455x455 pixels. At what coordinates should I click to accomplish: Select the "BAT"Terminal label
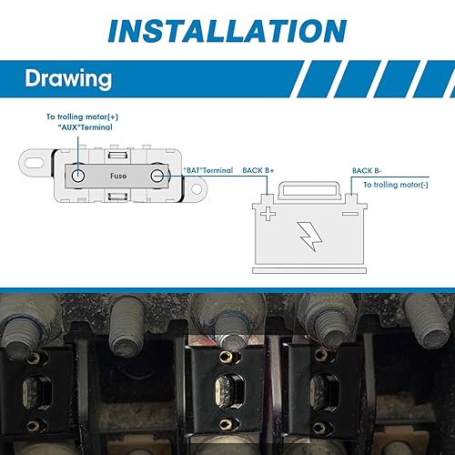point(207,170)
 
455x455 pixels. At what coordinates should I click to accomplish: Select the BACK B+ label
point(259,170)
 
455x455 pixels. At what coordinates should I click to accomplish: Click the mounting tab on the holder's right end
point(194,190)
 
